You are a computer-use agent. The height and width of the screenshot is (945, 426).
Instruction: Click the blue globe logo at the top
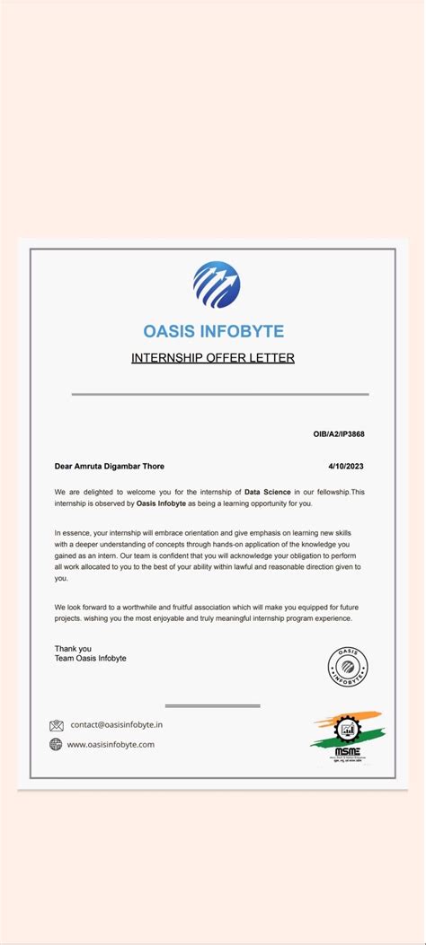click(x=217, y=284)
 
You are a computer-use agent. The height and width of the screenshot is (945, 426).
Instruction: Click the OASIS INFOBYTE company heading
click(x=213, y=331)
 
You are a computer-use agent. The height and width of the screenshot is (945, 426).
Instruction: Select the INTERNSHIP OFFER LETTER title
click(x=213, y=358)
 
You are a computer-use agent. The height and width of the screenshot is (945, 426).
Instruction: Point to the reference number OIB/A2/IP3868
click(x=339, y=434)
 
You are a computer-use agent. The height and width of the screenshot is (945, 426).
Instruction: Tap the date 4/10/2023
click(x=346, y=466)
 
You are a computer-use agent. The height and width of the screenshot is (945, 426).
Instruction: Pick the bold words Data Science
click(x=267, y=492)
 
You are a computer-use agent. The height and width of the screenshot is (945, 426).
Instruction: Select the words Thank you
click(x=73, y=648)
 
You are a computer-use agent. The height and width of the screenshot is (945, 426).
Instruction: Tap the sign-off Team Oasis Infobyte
click(x=90, y=658)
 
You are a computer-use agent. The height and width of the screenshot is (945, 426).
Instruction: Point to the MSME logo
click(x=346, y=739)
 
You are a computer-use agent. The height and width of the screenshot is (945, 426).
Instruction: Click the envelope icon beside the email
click(x=57, y=725)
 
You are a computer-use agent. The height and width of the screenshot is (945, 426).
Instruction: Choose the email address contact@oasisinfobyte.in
click(x=117, y=724)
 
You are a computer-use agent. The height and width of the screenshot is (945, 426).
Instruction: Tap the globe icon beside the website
click(x=57, y=744)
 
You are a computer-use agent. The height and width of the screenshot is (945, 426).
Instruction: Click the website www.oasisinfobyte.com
click(x=111, y=744)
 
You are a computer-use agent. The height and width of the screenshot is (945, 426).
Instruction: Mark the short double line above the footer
click(x=212, y=705)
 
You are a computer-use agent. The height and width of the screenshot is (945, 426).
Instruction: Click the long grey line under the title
click(x=220, y=394)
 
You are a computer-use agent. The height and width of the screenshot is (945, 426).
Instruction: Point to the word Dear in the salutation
click(x=63, y=466)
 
